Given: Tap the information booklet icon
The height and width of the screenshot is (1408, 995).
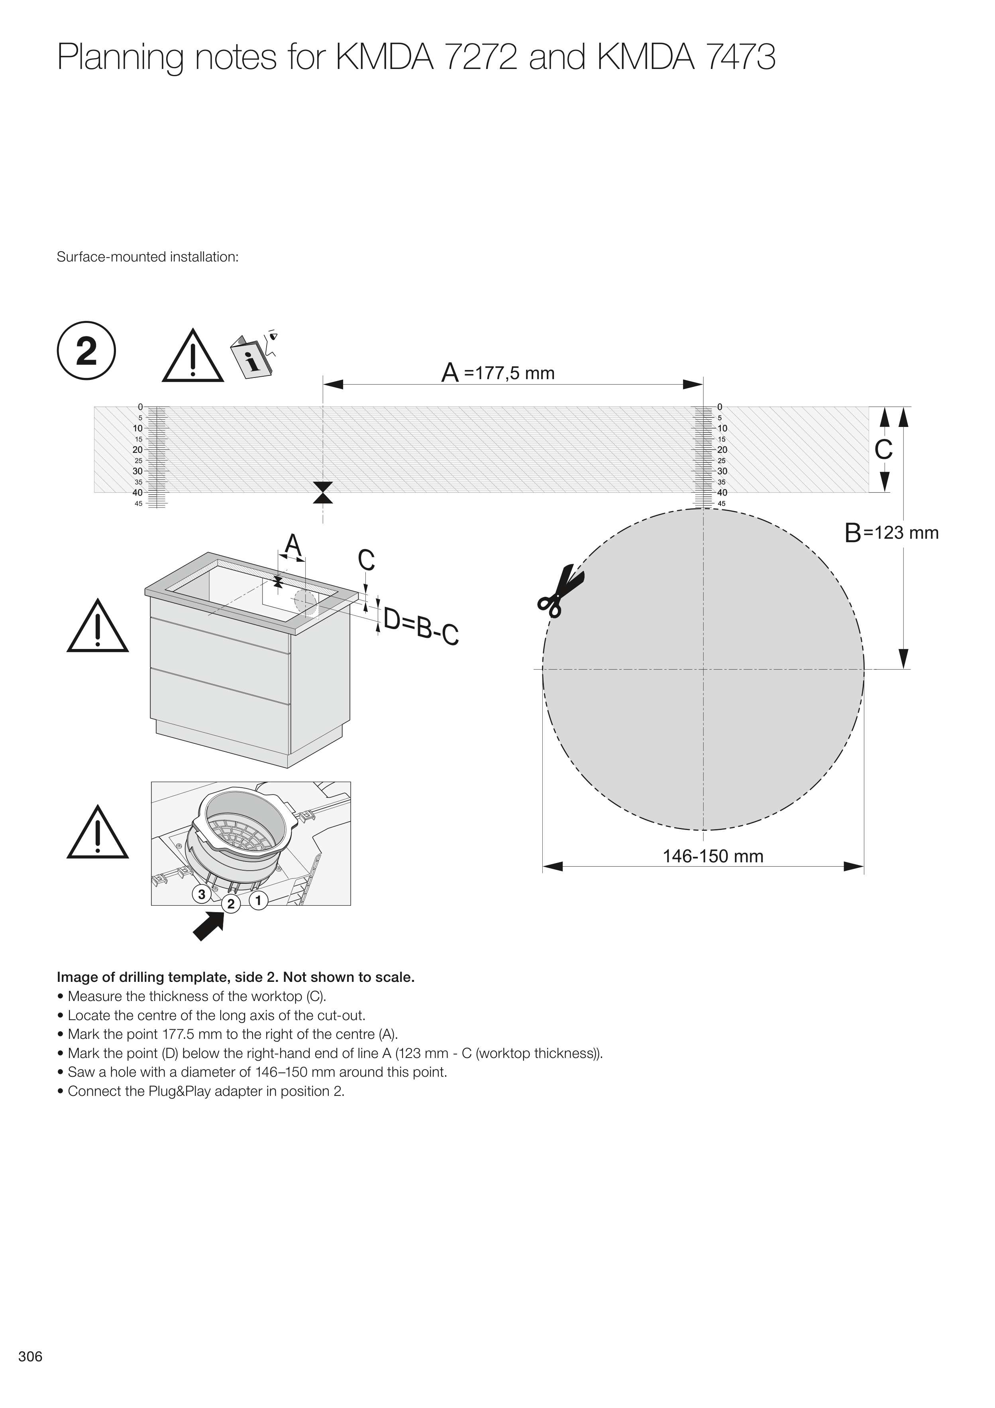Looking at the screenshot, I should click(x=253, y=356).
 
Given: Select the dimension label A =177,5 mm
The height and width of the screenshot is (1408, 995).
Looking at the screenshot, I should click(x=498, y=373).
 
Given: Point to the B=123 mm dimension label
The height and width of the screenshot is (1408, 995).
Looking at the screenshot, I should click(x=891, y=533).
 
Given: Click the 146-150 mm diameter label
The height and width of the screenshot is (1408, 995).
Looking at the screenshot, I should click(x=712, y=856).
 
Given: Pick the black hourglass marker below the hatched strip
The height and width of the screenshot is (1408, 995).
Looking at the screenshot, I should click(x=322, y=492).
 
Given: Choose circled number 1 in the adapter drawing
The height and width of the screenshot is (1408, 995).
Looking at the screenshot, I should click(x=259, y=900).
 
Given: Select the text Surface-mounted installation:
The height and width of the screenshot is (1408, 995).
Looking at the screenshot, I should click(x=147, y=257).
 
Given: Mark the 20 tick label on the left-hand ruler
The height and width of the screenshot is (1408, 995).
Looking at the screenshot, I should click(x=137, y=450).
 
